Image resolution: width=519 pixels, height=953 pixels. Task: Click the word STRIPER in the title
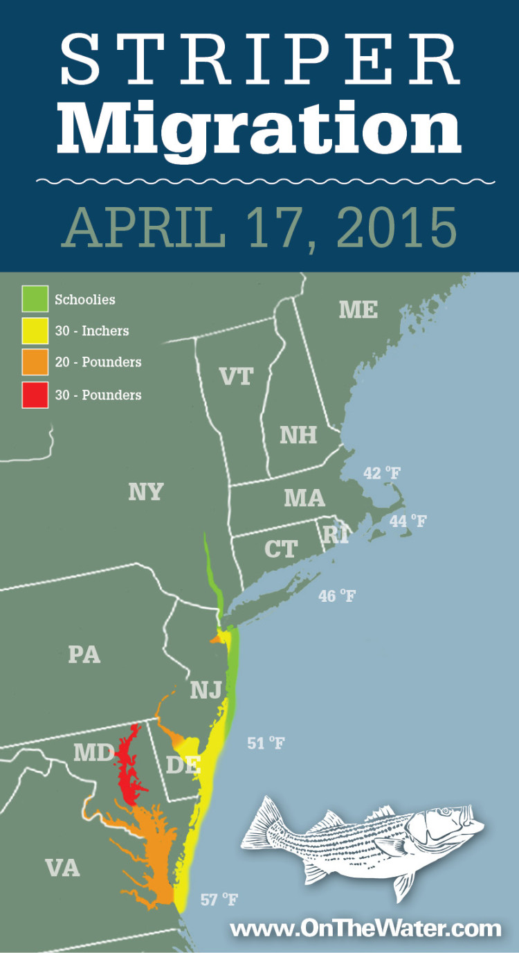tap(259, 60)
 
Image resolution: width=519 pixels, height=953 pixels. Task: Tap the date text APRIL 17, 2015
tap(259, 226)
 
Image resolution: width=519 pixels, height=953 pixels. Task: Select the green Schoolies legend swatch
tap(35, 300)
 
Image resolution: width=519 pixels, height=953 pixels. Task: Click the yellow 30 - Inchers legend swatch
tap(35, 331)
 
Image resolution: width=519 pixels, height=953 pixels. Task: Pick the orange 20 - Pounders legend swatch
tap(35, 362)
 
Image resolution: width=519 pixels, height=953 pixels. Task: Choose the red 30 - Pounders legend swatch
tap(35, 395)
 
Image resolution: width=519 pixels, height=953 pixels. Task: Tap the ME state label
tap(358, 310)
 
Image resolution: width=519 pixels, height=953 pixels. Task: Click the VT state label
tap(236, 376)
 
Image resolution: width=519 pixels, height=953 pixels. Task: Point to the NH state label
tap(298, 435)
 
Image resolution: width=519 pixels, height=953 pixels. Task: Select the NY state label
tap(145, 492)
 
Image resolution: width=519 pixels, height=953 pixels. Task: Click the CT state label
tap(281, 549)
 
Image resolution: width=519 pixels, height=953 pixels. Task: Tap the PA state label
tap(84, 654)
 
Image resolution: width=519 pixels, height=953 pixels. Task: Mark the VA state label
tap(62, 868)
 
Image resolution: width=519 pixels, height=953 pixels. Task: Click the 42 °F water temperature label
tap(382, 474)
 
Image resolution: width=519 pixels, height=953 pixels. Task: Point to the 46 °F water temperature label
tap(337, 595)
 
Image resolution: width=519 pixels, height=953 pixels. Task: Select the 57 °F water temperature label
tap(219, 900)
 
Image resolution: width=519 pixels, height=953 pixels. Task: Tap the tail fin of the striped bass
tap(262, 824)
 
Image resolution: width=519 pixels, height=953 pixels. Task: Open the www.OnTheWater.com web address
tap(365, 928)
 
